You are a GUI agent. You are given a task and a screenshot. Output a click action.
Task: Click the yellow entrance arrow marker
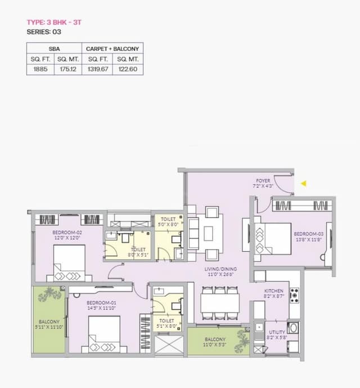tap(304, 183)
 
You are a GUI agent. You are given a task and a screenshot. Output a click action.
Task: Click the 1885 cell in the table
tap(40, 70)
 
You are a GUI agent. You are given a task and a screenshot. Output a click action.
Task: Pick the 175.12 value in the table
tap(69, 70)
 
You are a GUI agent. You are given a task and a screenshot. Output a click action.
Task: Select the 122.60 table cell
tap(128, 70)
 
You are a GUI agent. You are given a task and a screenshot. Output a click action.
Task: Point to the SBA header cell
tap(55, 48)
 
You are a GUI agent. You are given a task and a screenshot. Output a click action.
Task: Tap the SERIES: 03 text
tap(43, 32)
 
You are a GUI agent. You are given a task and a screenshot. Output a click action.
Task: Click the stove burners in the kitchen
tap(294, 295)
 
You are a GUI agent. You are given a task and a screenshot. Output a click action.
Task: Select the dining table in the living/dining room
tap(220, 305)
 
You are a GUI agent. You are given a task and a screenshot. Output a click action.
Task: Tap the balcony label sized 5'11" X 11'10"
tap(49, 324)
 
